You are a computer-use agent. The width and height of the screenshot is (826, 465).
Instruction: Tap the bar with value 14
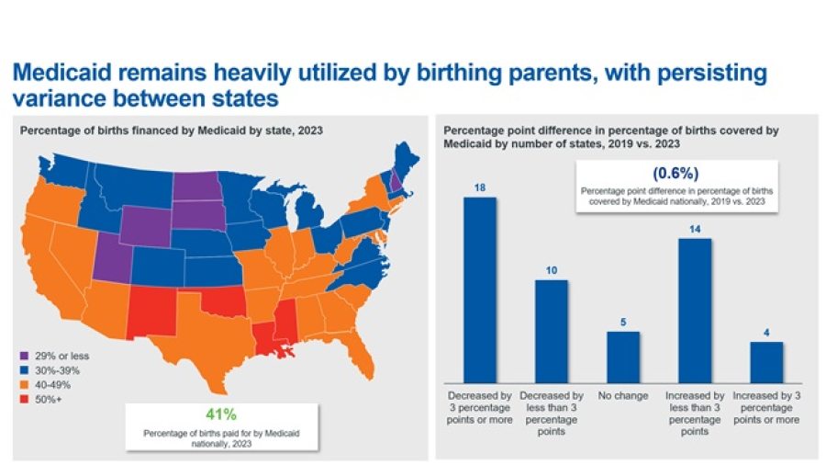pos(695,309)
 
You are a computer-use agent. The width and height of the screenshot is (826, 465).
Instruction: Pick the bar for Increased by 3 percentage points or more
pos(766,361)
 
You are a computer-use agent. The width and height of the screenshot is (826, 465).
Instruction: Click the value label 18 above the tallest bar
pos(480,187)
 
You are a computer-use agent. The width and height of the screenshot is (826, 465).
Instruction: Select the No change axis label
pos(623,395)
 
